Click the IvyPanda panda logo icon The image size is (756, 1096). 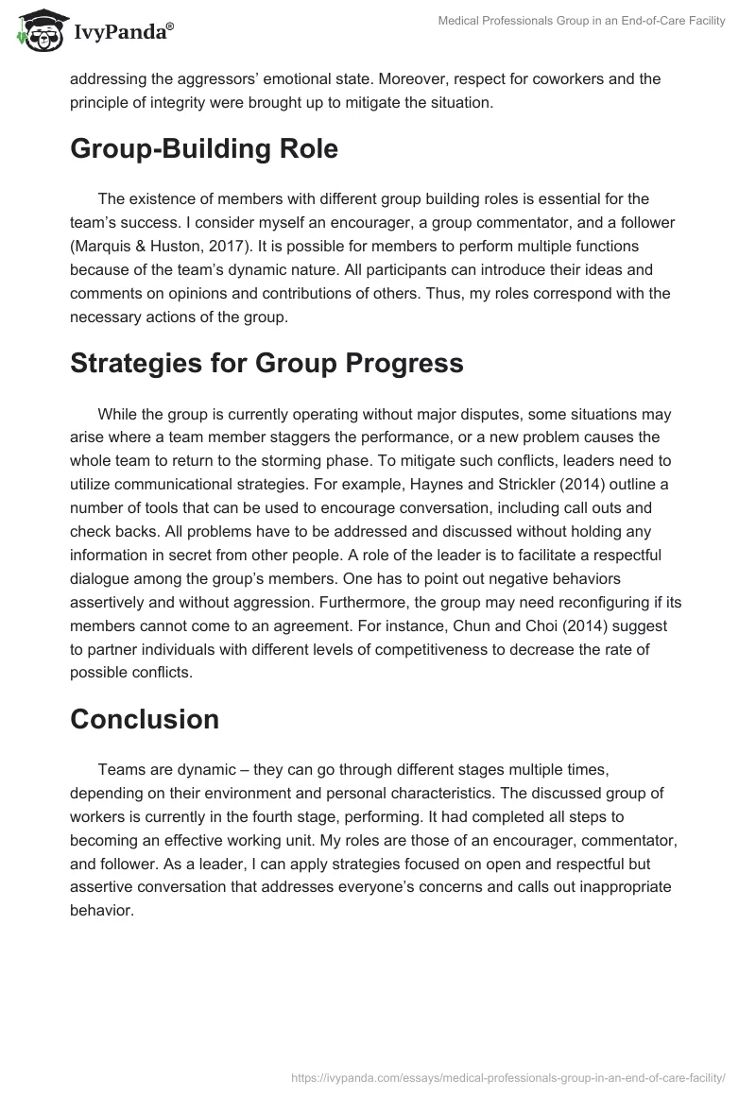click(38, 29)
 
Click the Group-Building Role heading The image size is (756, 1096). click(203, 149)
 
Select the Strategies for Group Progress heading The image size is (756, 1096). click(266, 363)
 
